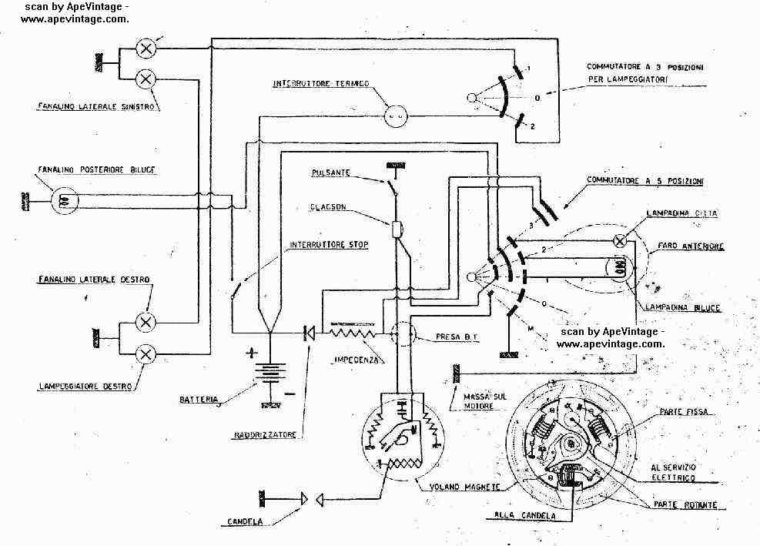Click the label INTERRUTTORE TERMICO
321,82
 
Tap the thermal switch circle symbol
396,117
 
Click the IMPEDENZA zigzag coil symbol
353,333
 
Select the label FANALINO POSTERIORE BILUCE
82,168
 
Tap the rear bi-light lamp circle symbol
63,202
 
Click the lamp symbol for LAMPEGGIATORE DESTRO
145,353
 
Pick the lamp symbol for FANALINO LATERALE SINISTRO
145,78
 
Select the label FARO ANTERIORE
689,247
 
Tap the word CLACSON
330,206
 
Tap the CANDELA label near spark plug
246,522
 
